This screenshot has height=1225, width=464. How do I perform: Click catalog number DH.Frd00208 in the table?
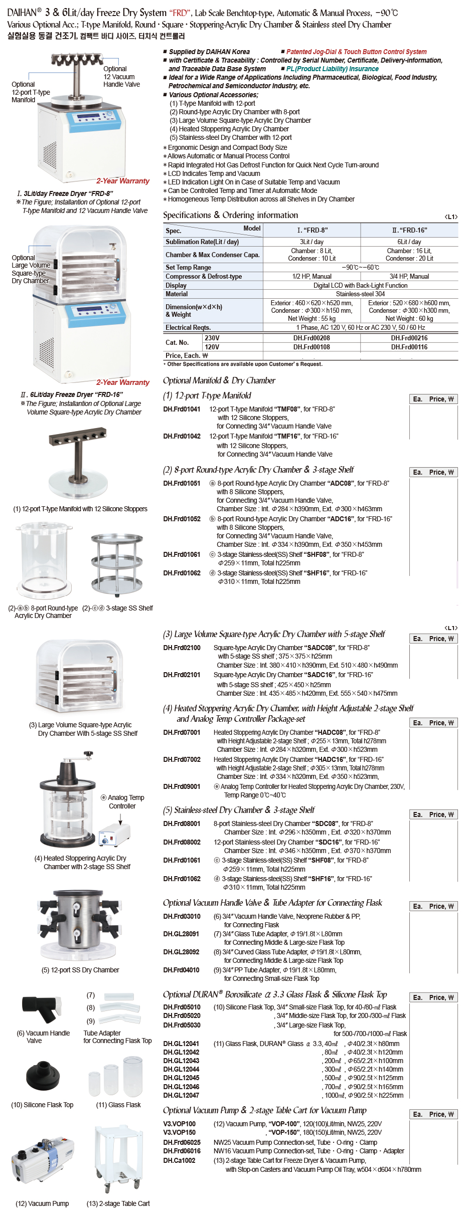click(312, 338)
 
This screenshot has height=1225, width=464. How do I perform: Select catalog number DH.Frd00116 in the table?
click(409, 347)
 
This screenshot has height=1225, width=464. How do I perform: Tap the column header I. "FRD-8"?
click(312, 230)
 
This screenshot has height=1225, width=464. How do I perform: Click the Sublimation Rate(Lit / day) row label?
click(202, 242)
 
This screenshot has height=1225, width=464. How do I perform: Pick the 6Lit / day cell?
click(409, 242)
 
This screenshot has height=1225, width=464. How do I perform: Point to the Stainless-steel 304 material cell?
click(360, 294)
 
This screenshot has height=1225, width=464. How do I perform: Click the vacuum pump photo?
click(42, 1159)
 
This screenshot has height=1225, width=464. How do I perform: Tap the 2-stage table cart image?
click(118, 1159)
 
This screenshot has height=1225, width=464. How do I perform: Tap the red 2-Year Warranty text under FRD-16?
click(123, 382)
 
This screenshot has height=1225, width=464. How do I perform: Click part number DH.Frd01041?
click(182, 409)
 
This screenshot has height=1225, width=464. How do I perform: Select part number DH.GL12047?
click(181, 1095)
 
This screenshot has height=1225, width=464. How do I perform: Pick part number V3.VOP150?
click(179, 1132)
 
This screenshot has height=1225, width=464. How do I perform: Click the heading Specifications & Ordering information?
click(230, 215)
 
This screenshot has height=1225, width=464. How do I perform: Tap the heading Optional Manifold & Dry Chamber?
click(219, 380)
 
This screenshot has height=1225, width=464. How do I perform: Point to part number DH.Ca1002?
click(179, 1160)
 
